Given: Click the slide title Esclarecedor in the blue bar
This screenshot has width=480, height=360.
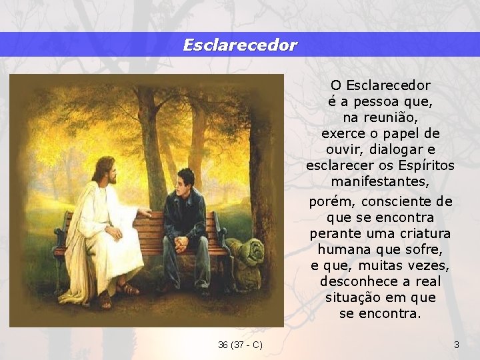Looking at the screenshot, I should click(x=240, y=45).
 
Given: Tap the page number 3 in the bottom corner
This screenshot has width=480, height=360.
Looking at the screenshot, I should click(x=456, y=345).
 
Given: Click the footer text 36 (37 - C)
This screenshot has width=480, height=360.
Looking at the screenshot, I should click(x=240, y=345).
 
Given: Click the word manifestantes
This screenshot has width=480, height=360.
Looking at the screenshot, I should click(x=380, y=181).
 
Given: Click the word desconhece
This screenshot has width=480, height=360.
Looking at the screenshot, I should click(x=354, y=281).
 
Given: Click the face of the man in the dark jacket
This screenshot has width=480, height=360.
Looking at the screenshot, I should click(x=187, y=181).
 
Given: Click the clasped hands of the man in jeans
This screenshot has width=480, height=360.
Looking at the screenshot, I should click(x=181, y=244).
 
